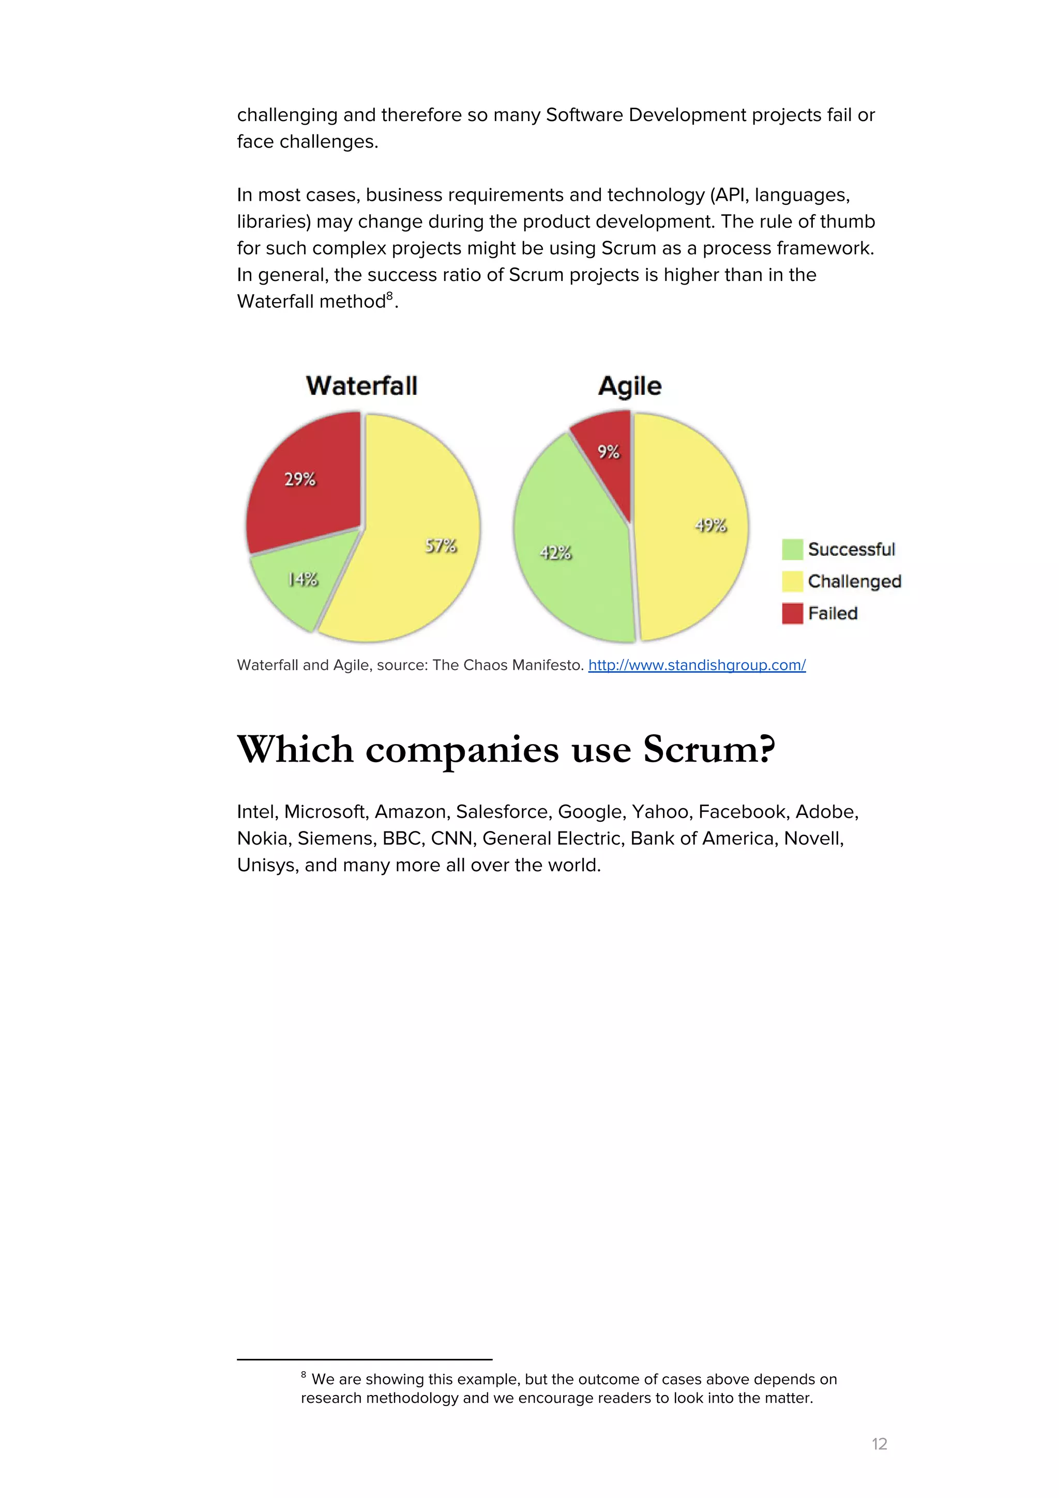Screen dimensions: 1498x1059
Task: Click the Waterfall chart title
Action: point(361,385)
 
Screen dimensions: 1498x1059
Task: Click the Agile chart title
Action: point(629,386)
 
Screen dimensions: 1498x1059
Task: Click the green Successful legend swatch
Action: point(792,550)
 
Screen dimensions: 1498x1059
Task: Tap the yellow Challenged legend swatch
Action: point(792,581)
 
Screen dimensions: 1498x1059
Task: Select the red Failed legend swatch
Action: point(792,613)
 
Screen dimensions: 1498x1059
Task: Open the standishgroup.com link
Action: point(697,665)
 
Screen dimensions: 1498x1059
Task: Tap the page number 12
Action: point(879,1444)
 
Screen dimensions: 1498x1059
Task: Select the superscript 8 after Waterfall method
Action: point(390,296)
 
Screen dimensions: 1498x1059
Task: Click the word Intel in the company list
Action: point(258,812)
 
